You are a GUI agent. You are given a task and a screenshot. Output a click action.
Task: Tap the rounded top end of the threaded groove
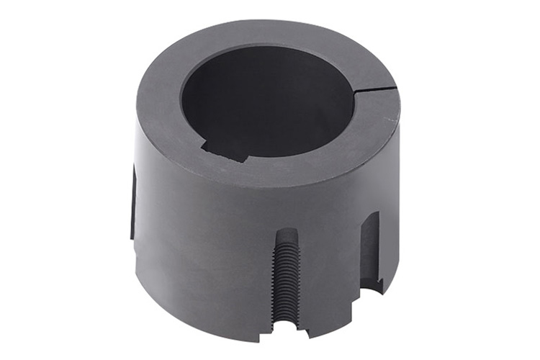click(x=286, y=234)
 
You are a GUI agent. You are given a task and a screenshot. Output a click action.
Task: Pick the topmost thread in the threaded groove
click(x=287, y=245)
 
